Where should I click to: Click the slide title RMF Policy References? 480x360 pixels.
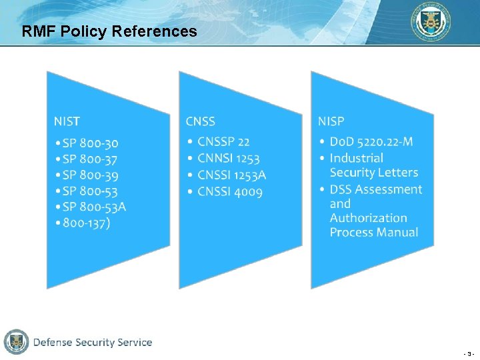[109, 31]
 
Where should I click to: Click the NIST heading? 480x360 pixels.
[67, 121]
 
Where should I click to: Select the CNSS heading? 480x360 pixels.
[200, 121]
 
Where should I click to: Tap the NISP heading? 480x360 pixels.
[331, 121]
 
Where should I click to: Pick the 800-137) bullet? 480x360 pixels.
[87, 223]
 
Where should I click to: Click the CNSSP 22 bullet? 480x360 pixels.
[223, 142]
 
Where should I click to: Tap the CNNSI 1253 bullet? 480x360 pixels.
[228, 159]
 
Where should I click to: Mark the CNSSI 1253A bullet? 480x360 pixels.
[231, 175]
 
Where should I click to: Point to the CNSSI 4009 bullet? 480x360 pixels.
[230, 192]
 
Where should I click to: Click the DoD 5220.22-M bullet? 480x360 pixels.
[371, 141]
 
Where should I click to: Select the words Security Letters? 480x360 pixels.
[373, 173]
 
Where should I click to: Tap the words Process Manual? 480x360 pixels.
[373, 233]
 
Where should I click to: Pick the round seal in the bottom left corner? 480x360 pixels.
[16, 342]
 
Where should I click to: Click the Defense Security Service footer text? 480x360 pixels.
[93, 343]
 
